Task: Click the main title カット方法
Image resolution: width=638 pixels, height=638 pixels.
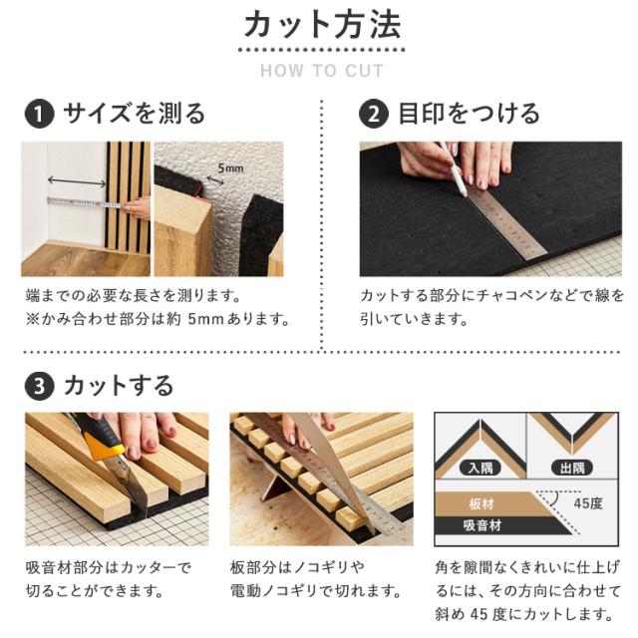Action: (x=322, y=25)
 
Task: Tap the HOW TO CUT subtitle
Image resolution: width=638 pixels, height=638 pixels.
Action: (x=322, y=71)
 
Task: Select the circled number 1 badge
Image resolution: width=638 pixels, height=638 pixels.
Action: (x=40, y=114)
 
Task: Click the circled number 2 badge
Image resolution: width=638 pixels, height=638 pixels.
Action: (x=374, y=114)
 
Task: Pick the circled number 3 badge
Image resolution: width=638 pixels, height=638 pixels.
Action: (x=40, y=386)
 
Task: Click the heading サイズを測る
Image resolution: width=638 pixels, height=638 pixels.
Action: (x=134, y=113)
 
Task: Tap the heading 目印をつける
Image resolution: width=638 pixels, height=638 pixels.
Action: (x=469, y=113)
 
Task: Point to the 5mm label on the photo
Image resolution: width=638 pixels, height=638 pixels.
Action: (x=230, y=167)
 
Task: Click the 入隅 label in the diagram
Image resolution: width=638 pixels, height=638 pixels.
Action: (x=480, y=468)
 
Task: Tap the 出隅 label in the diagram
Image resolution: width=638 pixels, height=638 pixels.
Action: (x=572, y=468)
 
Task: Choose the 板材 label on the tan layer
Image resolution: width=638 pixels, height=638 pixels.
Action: (x=480, y=504)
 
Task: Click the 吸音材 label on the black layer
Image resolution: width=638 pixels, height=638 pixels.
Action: (x=482, y=525)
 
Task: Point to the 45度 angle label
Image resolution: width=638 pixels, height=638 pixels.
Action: (x=588, y=503)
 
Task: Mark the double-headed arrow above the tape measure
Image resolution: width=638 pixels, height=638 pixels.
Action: (x=77, y=181)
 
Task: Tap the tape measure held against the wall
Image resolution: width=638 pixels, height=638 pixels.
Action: (x=85, y=202)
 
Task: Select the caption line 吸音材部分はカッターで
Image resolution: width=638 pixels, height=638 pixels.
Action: (x=108, y=567)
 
